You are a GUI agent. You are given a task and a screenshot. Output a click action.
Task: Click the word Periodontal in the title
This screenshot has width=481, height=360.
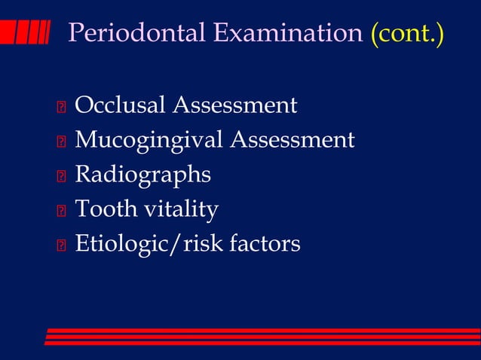pos(137,33)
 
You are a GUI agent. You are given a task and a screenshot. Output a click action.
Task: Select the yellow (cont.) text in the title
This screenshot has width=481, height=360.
pos(407,33)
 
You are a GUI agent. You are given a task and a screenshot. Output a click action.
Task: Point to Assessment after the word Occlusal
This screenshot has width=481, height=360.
pos(234,105)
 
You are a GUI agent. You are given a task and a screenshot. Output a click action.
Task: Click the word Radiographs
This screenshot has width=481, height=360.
pos(142,175)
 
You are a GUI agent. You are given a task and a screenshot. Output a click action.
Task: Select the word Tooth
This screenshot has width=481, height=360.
pos(103,209)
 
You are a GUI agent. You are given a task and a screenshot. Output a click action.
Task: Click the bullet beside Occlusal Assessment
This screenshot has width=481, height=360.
pos(61,107)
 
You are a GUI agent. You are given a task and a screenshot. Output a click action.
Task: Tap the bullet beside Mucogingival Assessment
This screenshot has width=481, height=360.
pos(61,142)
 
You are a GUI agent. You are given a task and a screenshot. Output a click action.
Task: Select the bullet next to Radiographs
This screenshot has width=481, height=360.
pos(61,176)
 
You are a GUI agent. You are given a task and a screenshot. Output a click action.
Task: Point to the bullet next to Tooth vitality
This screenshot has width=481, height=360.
pos(61,211)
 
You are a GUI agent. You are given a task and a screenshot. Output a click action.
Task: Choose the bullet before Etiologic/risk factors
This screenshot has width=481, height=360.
pos(61,246)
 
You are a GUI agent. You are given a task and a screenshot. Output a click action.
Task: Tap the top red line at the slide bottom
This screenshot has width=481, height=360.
pos(264,330)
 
